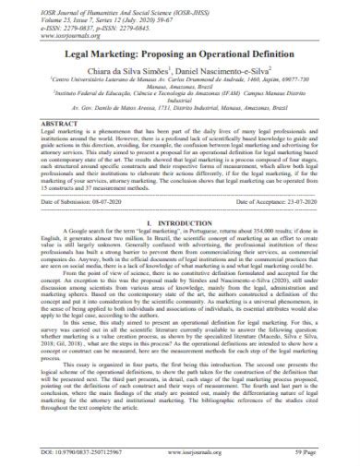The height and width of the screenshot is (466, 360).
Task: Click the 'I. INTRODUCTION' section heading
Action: [x=180, y=247]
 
